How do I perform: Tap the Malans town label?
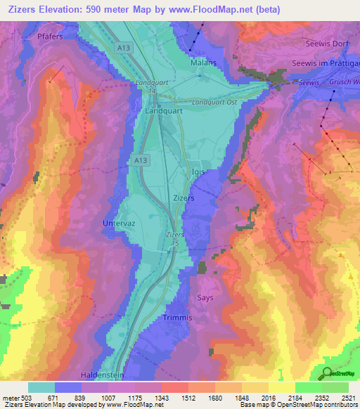(202, 63)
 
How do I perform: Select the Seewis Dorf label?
(326, 44)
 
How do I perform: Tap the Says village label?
(206, 297)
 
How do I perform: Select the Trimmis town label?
(177, 318)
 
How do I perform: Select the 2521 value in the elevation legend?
(347, 397)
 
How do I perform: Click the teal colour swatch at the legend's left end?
(41, 387)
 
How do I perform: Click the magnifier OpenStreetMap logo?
(328, 373)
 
